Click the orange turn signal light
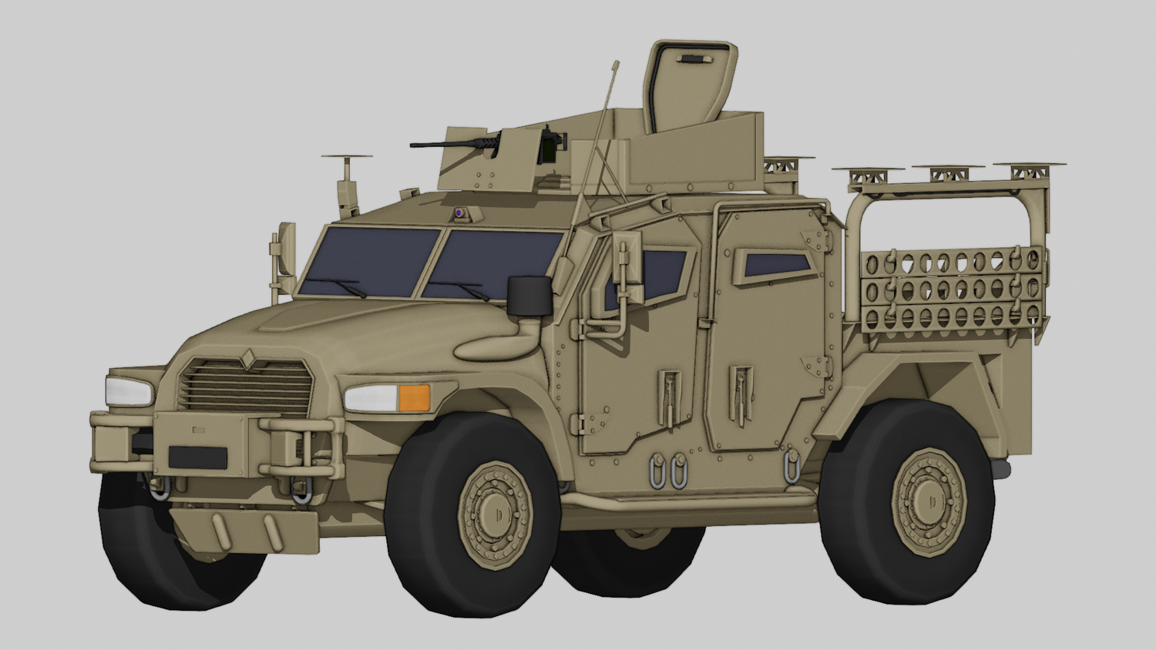pos(414,397)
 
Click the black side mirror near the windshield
pos(529,296)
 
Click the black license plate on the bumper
pos(197,457)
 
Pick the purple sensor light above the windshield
pos(459,212)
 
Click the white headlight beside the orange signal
pos(371,398)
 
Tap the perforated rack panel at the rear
pos(952,289)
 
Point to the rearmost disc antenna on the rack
pos(1029,166)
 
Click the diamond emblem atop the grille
pos(249,355)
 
